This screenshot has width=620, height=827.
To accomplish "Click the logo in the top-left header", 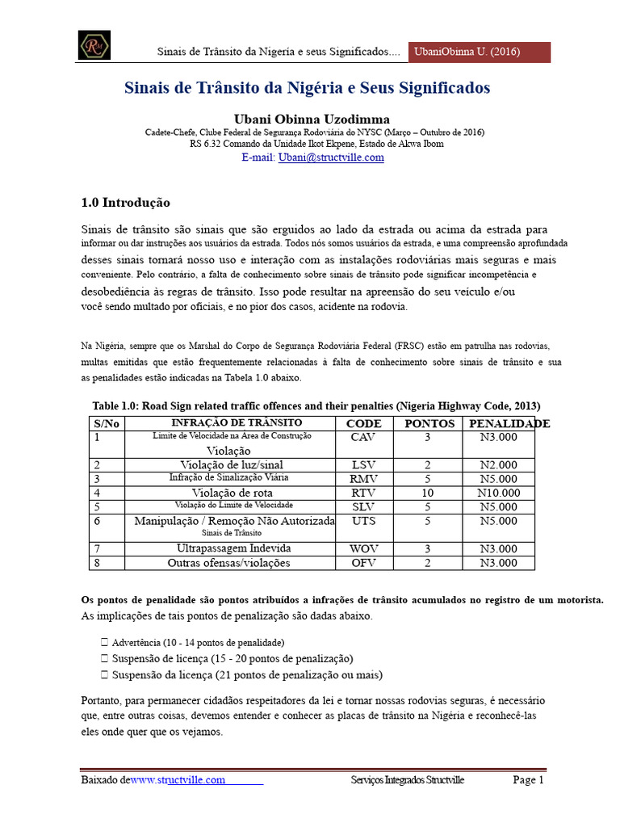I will [x=94, y=45].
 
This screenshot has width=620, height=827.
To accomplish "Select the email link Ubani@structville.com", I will [x=331, y=157].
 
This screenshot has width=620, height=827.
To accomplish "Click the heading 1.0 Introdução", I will [x=126, y=203].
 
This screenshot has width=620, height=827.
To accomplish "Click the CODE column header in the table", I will [x=363, y=423].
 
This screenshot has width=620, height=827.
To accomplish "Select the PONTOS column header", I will [x=429, y=423].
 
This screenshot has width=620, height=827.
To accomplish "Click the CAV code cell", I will [x=363, y=437].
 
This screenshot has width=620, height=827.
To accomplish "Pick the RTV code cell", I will [x=363, y=493].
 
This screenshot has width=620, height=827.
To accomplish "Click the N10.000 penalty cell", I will [x=498, y=493].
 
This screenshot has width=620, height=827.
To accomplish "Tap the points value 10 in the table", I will [x=429, y=493].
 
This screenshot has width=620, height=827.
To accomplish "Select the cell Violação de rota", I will [x=232, y=493].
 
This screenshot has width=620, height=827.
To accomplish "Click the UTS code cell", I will [x=363, y=522].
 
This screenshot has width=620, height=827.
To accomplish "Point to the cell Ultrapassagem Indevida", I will [x=232, y=548].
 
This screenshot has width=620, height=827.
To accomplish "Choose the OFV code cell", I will [x=363, y=562].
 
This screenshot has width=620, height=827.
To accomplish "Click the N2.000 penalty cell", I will [x=498, y=464].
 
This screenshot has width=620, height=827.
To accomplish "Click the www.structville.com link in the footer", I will [x=178, y=780].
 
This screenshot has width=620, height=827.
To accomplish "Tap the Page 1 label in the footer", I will [x=529, y=780].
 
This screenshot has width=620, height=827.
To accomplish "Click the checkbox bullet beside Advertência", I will [x=105, y=643].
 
